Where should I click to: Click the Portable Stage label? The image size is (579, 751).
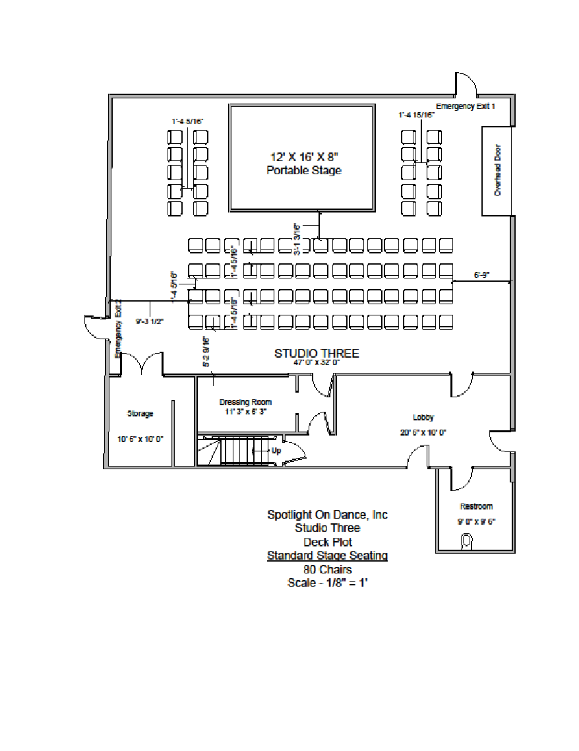pyautogui.click(x=304, y=170)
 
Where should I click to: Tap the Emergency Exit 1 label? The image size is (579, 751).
pyautogui.click(x=465, y=106)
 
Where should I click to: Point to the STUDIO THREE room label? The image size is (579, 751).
pyautogui.click(x=317, y=354)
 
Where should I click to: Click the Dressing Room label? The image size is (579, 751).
pyautogui.click(x=245, y=402)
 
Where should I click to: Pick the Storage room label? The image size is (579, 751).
pyautogui.click(x=140, y=414)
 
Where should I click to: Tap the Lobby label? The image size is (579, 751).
pyautogui.click(x=423, y=417)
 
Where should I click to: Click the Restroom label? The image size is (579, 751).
pyautogui.click(x=476, y=507)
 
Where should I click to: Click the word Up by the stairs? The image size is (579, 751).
pyautogui.click(x=276, y=451)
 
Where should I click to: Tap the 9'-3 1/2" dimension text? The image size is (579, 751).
pyautogui.click(x=150, y=322)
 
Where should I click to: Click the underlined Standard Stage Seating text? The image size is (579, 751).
pyautogui.click(x=327, y=556)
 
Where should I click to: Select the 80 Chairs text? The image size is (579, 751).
pyautogui.click(x=327, y=570)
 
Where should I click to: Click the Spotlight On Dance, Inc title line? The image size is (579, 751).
pyautogui.click(x=327, y=514)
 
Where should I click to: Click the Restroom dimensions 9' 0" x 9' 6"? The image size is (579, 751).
pyautogui.click(x=475, y=521)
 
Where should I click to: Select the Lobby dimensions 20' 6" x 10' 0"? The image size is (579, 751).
pyautogui.click(x=423, y=432)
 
